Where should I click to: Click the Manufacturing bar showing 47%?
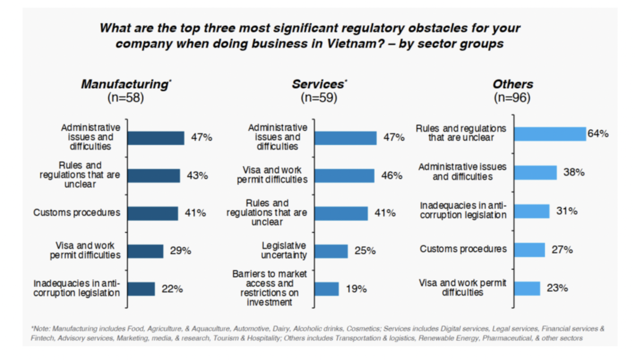point(156,138)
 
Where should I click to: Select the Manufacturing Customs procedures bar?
point(153,213)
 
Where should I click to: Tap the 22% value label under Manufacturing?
point(172,289)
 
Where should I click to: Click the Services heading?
point(318,84)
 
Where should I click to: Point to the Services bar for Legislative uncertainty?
point(331,251)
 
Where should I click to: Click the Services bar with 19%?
point(326,289)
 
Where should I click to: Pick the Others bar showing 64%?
point(550,134)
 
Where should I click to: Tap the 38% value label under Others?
point(574,172)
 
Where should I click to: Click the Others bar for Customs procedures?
point(530,250)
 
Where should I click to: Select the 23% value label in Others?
point(557,288)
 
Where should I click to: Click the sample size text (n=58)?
point(126,98)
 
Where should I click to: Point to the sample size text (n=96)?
point(512,98)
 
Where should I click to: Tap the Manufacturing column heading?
point(124,84)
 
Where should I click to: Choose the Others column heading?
point(512,84)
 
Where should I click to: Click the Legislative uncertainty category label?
point(284,251)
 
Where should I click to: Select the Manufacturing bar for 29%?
point(146,251)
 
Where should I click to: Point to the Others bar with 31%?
point(532,211)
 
